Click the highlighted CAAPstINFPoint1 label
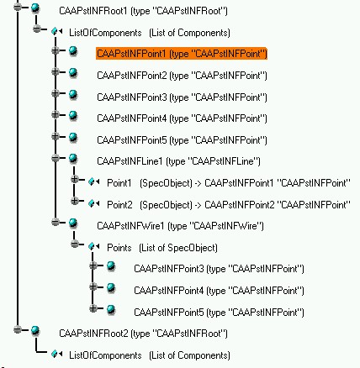click(x=182, y=53)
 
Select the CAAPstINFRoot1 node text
click(x=143, y=11)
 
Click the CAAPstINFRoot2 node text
click(x=143, y=334)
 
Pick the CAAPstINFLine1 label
click(x=178, y=161)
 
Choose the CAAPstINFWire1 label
click(x=180, y=226)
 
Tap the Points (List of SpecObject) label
click(x=162, y=248)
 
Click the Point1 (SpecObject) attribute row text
click(x=229, y=183)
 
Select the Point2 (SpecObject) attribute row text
click(x=229, y=205)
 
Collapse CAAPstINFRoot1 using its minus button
click(x=18, y=8)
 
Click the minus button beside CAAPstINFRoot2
click(x=18, y=329)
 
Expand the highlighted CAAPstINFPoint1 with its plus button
click(x=56, y=50)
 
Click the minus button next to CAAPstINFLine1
click(x=56, y=158)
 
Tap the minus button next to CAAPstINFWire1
click(x=56, y=223)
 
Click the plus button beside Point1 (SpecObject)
click(x=74, y=179)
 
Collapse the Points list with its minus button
click(x=74, y=244)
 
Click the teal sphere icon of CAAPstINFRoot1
click(x=35, y=8)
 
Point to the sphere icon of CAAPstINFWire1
click(x=73, y=223)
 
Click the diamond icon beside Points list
click(x=92, y=246)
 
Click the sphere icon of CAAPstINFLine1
click(x=73, y=159)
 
